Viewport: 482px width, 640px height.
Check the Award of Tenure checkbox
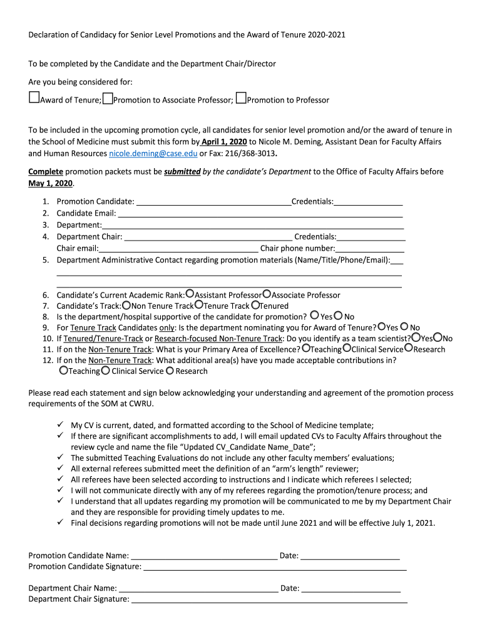[x=34, y=98]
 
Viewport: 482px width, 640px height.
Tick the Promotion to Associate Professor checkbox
[x=108, y=98]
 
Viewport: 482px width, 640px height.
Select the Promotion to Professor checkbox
[x=241, y=98]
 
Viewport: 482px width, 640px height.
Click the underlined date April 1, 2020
[x=224, y=142]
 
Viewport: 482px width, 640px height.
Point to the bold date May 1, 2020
[x=51, y=184]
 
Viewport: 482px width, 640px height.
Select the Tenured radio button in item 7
[x=255, y=305]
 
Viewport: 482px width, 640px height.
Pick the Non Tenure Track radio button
[x=126, y=305]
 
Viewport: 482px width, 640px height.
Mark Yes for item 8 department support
[x=315, y=316]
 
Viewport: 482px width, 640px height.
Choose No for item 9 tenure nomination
[x=404, y=326]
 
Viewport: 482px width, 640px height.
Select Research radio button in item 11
[x=409, y=348]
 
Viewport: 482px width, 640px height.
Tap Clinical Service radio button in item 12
[x=106, y=370]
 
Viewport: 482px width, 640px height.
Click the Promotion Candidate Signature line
[x=275, y=567]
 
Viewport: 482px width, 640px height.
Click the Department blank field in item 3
[x=252, y=225]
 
